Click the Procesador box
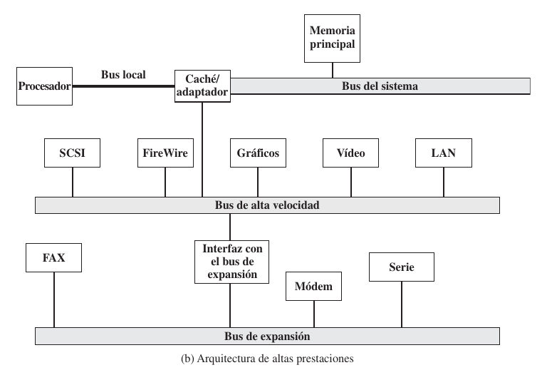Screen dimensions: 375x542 [44, 86]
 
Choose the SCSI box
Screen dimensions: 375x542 [71, 153]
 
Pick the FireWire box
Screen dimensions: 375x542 [165, 153]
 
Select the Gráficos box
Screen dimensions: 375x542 [259, 153]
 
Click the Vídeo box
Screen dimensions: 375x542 [351, 153]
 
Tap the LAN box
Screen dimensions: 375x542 [443, 153]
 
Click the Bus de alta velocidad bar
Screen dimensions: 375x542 [267, 205]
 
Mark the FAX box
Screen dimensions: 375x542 [53, 257]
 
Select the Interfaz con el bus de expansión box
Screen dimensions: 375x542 [229, 262]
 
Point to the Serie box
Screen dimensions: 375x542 [401, 267]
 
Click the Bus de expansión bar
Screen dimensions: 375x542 [267, 335]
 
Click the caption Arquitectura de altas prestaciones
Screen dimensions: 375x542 [267, 359]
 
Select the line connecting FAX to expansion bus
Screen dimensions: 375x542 [54, 299]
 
